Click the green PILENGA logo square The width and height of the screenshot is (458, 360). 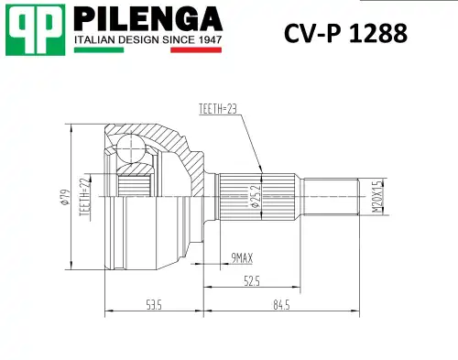click(x=35, y=31)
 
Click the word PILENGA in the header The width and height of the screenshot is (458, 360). click(x=147, y=20)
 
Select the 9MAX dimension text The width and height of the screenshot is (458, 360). click(x=243, y=259)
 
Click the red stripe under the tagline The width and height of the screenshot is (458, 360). click(x=196, y=51)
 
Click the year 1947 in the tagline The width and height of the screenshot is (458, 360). click(x=207, y=41)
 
